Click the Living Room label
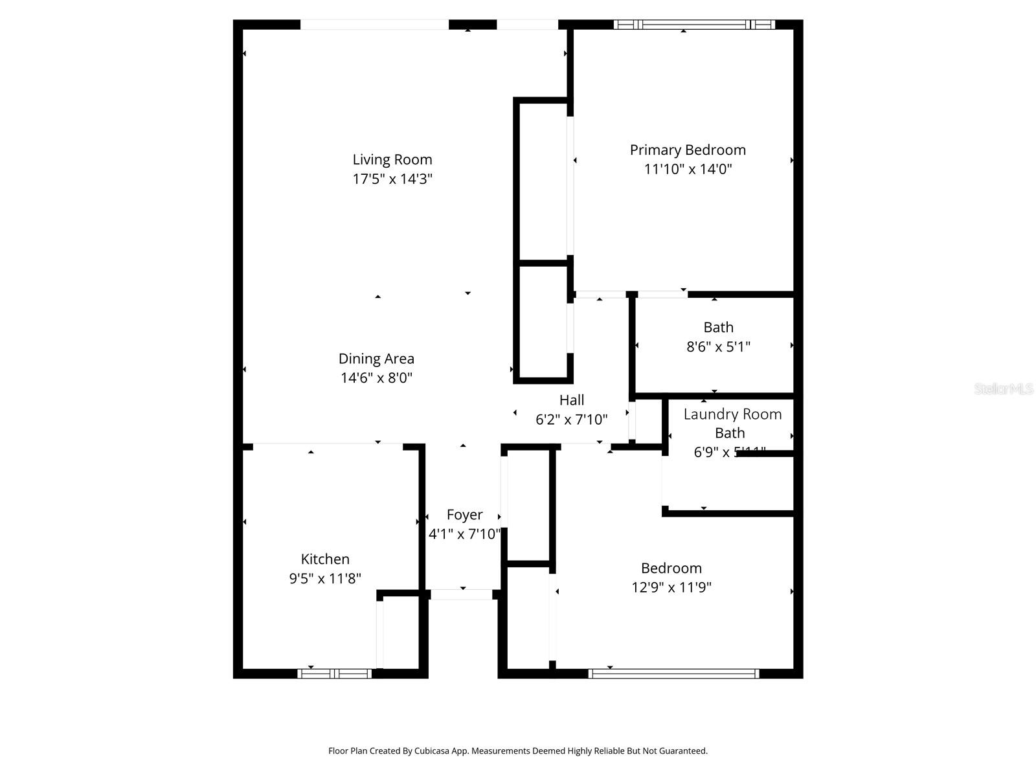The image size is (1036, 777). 392,159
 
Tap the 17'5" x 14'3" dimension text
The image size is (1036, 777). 392,179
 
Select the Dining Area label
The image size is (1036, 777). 376,359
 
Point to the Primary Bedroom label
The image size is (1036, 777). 688,150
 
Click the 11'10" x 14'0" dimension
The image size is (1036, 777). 688,169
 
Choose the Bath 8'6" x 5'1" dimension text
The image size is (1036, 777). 718,346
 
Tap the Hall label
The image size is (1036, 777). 572,400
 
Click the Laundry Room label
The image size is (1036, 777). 732,414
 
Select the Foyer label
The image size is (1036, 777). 464,515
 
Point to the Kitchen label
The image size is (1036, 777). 325,559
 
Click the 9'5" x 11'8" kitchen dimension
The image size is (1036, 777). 325,578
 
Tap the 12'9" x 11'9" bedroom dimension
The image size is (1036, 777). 671,587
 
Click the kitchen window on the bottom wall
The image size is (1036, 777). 334,674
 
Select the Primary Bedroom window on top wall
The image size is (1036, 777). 693,25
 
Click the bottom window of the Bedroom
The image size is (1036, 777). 673,674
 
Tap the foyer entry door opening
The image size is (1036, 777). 462,594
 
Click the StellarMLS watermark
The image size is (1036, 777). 1003,389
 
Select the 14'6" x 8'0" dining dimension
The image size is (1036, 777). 376,377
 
